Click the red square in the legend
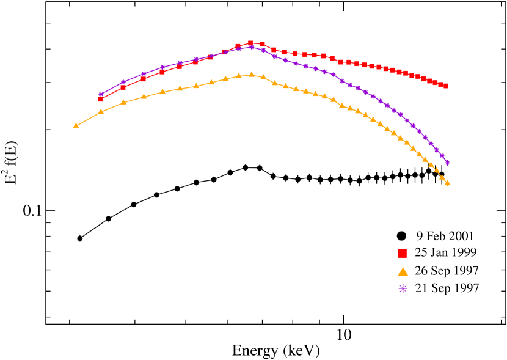[402, 253]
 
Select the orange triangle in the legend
[403, 271]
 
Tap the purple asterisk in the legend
[403, 288]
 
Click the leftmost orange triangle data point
[76, 125]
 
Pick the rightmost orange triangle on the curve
[447, 183]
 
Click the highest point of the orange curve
[251, 75]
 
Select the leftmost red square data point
[101, 99]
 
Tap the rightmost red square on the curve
[445, 86]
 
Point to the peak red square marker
[250, 43]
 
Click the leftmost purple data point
[101, 95]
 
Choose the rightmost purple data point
[447, 163]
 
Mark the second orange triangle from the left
[101, 112]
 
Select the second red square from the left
[123, 87]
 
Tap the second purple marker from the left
[123, 82]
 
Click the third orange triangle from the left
[123, 102]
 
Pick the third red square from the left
[143, 79]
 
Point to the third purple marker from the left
[144, 73]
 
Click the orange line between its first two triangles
[89, 119]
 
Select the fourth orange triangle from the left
[144, 97]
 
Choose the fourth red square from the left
[162, 72]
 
